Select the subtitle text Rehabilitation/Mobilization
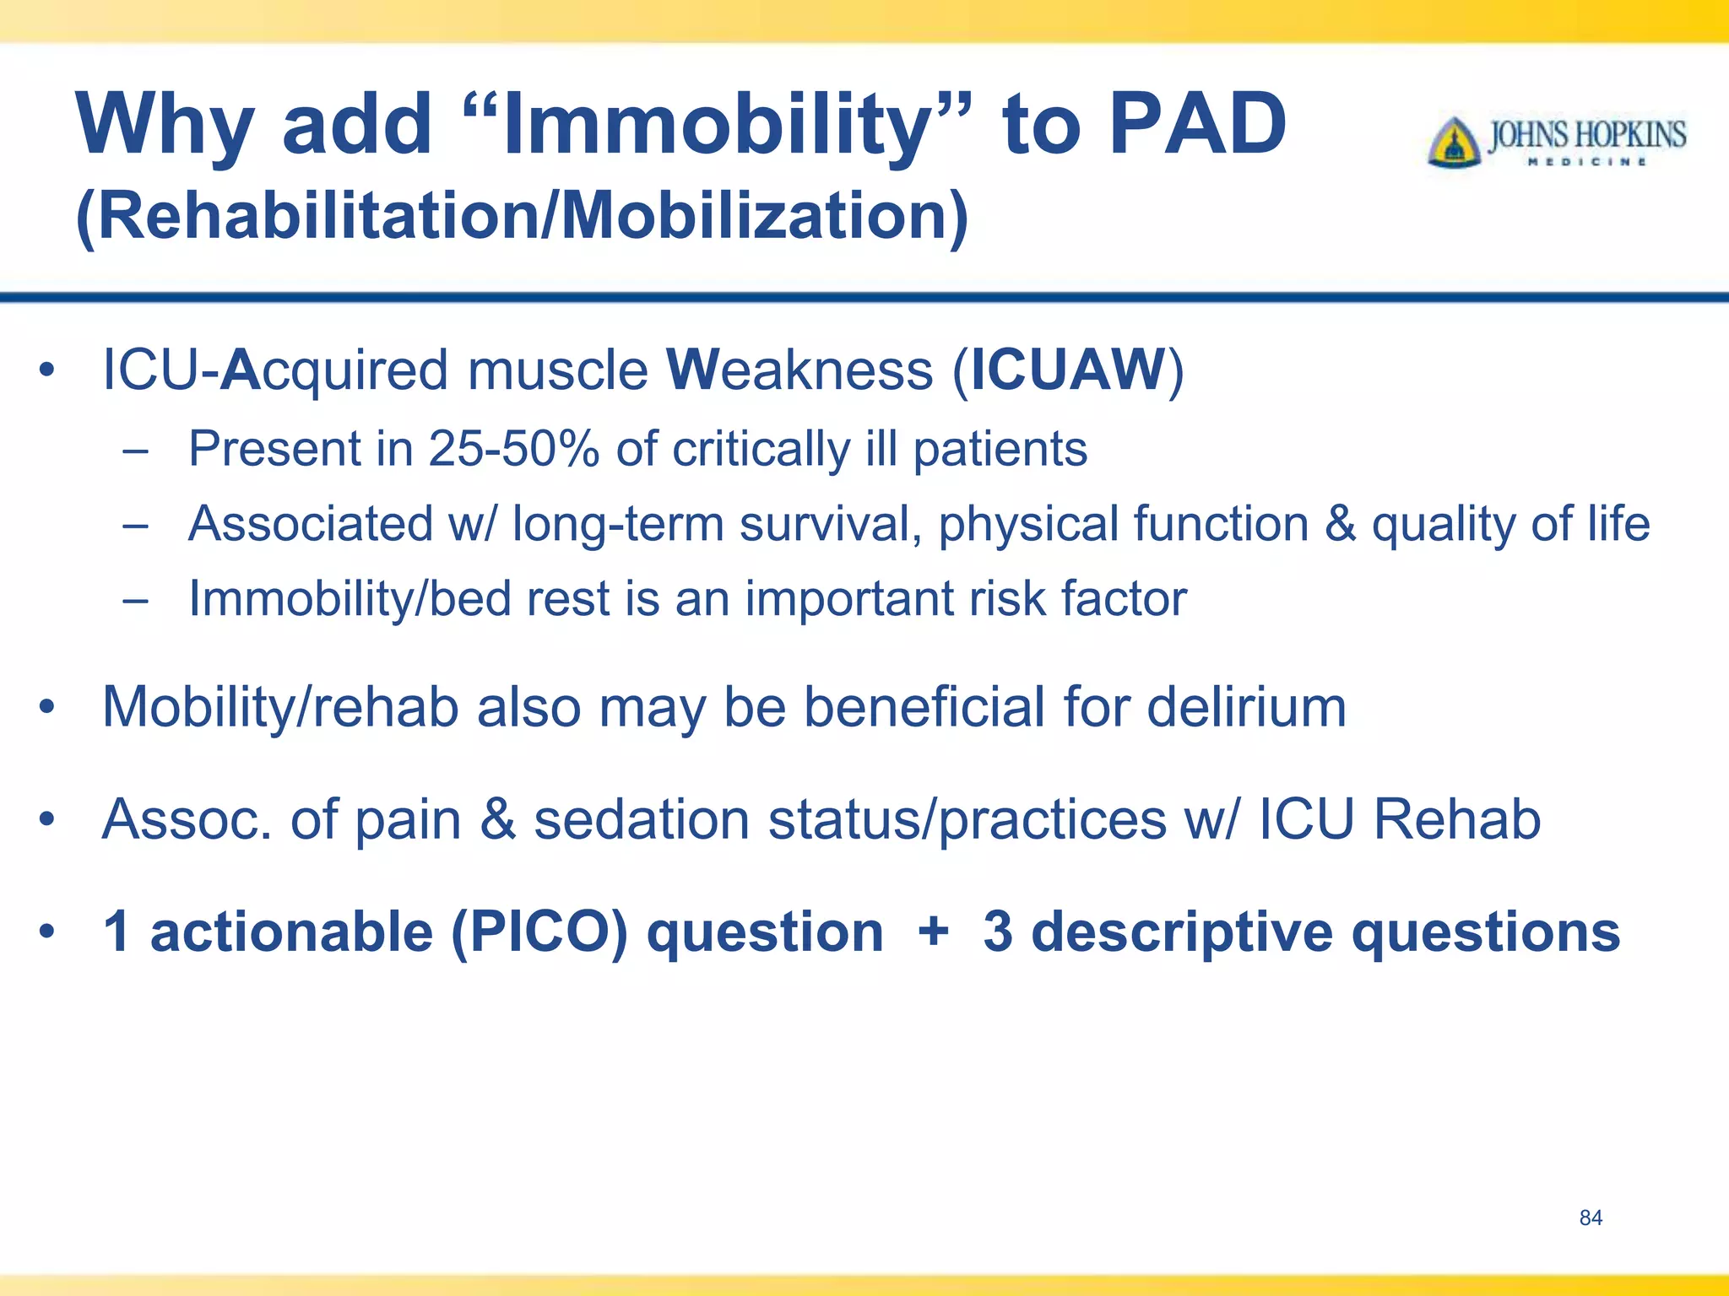click(521, 216)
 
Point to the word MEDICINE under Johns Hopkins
click(1587, 162)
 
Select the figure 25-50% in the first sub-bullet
click(513, 448)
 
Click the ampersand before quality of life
click(1340, 523)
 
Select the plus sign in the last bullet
click(933, 931)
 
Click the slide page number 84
click(1591, 1218)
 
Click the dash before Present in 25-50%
click(135, 450)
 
